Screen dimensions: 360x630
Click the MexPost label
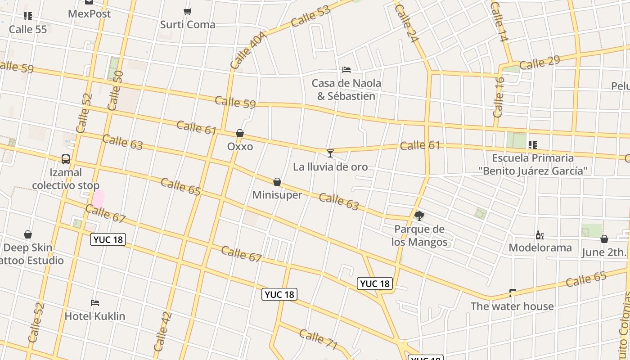click(x=89, y=14)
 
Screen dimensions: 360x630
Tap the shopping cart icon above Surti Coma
click(x=188, y=11)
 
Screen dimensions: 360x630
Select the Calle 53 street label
click(x=310, y=16)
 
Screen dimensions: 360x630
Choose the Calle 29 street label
click(x=539, y=63)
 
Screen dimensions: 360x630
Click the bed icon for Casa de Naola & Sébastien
click(x=346, y=70)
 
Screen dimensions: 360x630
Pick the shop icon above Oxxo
click(x=240, y=134)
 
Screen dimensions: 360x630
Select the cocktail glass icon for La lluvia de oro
click(x=330, y=153)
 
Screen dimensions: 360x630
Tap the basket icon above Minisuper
click(x=277, y=182)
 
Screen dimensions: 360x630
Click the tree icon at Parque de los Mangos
click(x=419, y=216)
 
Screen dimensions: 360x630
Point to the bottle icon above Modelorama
click(x=540, y=235)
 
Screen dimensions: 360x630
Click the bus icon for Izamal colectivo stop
click(x=66, y=159)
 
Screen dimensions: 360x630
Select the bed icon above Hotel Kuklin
click(x=95, y=303)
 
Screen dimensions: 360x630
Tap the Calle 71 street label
click(x=318, y=339)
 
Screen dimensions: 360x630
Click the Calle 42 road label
click(x=162, y=332)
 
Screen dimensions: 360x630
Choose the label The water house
click(x=512, y=306)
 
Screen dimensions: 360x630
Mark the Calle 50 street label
click(x=115, y=90)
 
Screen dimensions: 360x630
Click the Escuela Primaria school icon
click(x=533, y=145)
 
